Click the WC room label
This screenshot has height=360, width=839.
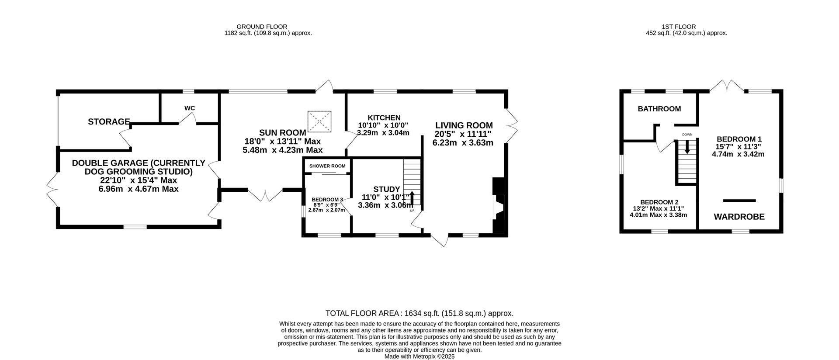pyautogui.click(x=190, y=108)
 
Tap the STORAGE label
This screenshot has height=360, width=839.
pyautogui.click(x=109, y=121)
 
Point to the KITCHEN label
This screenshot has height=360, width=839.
pyautogui.click(x=384, y=118)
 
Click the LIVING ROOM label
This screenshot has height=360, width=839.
pyautogui.click(x=464, y=125)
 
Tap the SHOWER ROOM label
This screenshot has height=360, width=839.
pyautogui.click(x=327, y=166)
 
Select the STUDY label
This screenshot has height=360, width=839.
pyautogui.click(x=387, y=189)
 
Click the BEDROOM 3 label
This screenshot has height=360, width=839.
pyautogui.click(x=327, y=200)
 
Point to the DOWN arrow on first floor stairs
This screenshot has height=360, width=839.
pyautogui.click(x=687, y=146)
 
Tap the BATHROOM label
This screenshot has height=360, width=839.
pyautogui.click(x=659, y=109)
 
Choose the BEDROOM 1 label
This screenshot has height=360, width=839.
pyautogui.click(x=739, y=139)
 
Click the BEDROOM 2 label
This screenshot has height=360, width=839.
pyautogui.click(x=659, y=202)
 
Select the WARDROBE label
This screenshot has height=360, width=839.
pyautogui.click(x=739, y=217)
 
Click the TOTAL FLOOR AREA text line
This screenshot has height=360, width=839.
pyautogui.click(x=419, y=313)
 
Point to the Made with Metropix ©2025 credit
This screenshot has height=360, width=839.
pyautogui.click(x=419, y=357)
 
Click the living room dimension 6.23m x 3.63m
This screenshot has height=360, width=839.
pyautogui.click(x=463, y=142)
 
